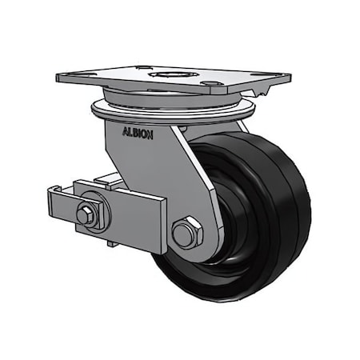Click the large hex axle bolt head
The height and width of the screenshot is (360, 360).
[186, 234]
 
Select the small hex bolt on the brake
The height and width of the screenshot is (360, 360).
[86, 214]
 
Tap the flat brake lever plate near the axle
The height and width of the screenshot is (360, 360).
[132, 216]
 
